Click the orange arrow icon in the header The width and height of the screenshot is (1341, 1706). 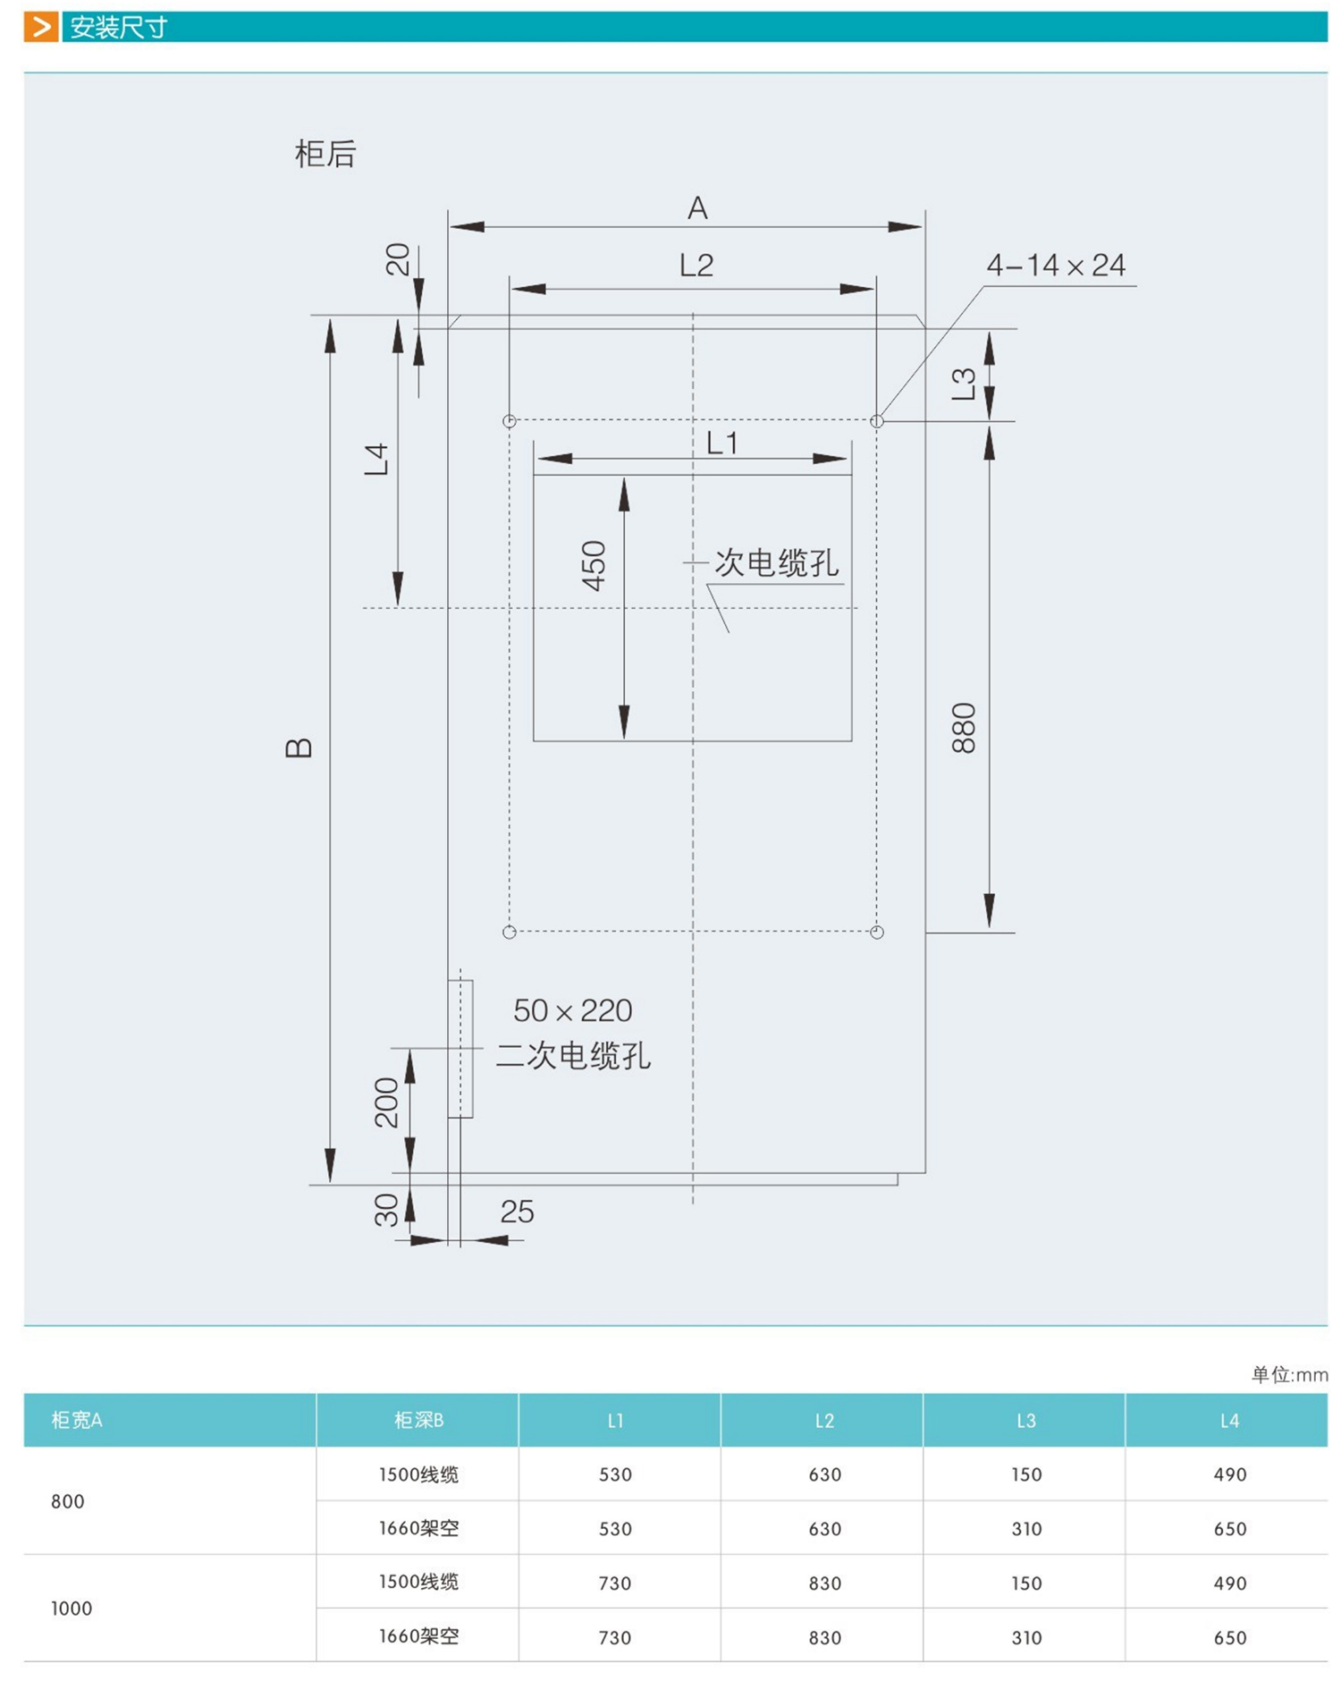click(40, 27)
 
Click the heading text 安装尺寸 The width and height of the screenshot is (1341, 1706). click(118, 28)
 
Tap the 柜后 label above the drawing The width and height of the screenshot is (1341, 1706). click(325, 154)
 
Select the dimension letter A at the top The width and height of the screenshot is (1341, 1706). click(696, 208)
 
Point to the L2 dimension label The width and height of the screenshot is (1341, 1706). click(696, 265)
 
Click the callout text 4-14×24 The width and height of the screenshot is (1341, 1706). click(1055, 266)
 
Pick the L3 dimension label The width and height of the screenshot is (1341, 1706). click(964, 384)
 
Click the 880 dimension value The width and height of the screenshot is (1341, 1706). click(964, 728)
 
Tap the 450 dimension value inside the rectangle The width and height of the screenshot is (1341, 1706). click(594, 565)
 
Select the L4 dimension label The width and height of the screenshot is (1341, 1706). click(377, 459)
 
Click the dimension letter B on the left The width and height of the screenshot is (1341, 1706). click(299, 747)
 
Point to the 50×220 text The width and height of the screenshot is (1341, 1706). click(572, 1010)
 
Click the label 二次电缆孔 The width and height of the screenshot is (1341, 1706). click(572, 1056)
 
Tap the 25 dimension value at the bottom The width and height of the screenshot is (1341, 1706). click(517, 1212)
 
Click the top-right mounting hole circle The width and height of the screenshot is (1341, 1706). click(876, 421)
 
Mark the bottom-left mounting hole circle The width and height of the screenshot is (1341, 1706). click(510, 933)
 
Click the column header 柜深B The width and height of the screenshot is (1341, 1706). click(418, 1420)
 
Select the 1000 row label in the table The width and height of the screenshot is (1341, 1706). click(72, 1609)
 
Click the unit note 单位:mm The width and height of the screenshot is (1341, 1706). click(1288, 1374)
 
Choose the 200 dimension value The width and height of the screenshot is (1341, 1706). click(386, 1102)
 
